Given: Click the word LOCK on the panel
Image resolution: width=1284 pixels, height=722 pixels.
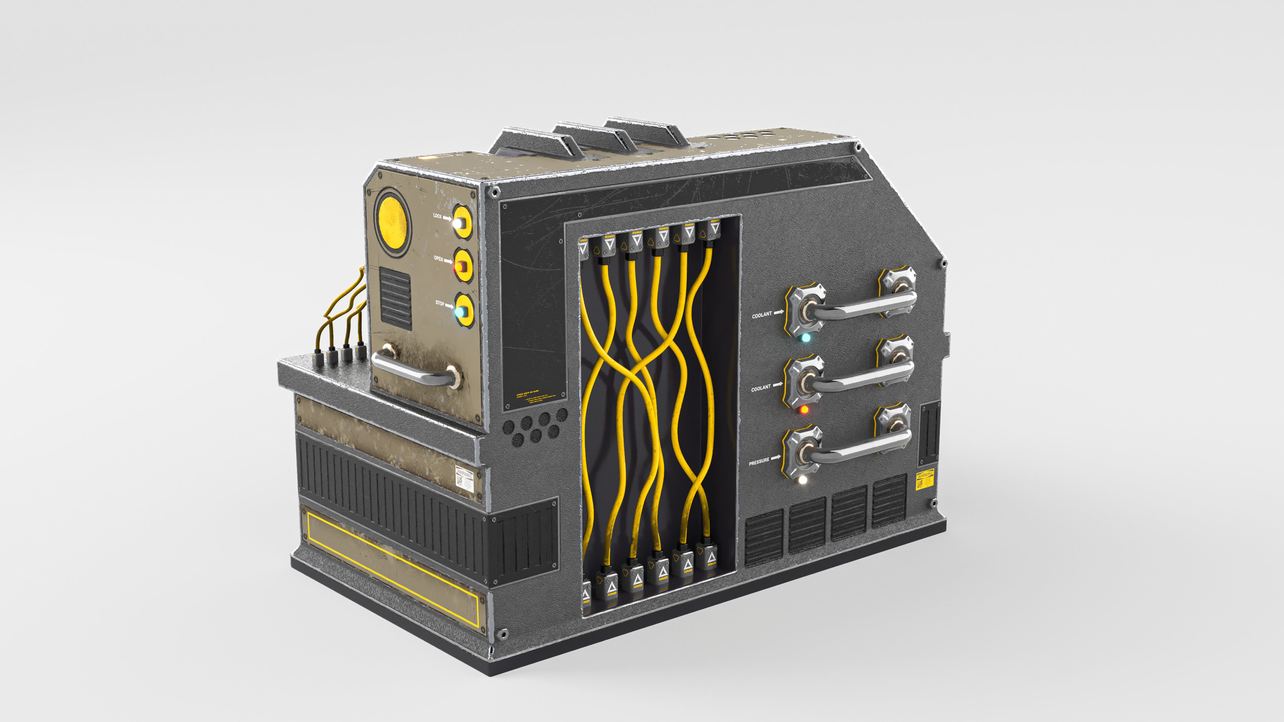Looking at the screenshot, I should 437,216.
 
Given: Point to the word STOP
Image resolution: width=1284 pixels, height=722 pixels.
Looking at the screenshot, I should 439,303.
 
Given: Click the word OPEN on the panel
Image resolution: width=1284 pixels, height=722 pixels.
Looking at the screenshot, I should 438,259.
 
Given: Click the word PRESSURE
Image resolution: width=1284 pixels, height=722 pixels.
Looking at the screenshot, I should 759,462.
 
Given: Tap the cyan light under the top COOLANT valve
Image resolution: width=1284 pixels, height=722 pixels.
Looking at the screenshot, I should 806,338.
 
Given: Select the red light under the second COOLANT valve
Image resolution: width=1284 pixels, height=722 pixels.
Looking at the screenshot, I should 804,409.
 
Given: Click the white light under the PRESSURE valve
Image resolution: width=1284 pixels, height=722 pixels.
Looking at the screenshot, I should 802,480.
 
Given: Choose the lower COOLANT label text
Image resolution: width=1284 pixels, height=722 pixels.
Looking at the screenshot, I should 761,388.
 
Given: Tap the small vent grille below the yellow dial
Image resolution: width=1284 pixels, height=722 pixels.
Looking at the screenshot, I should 396,298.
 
